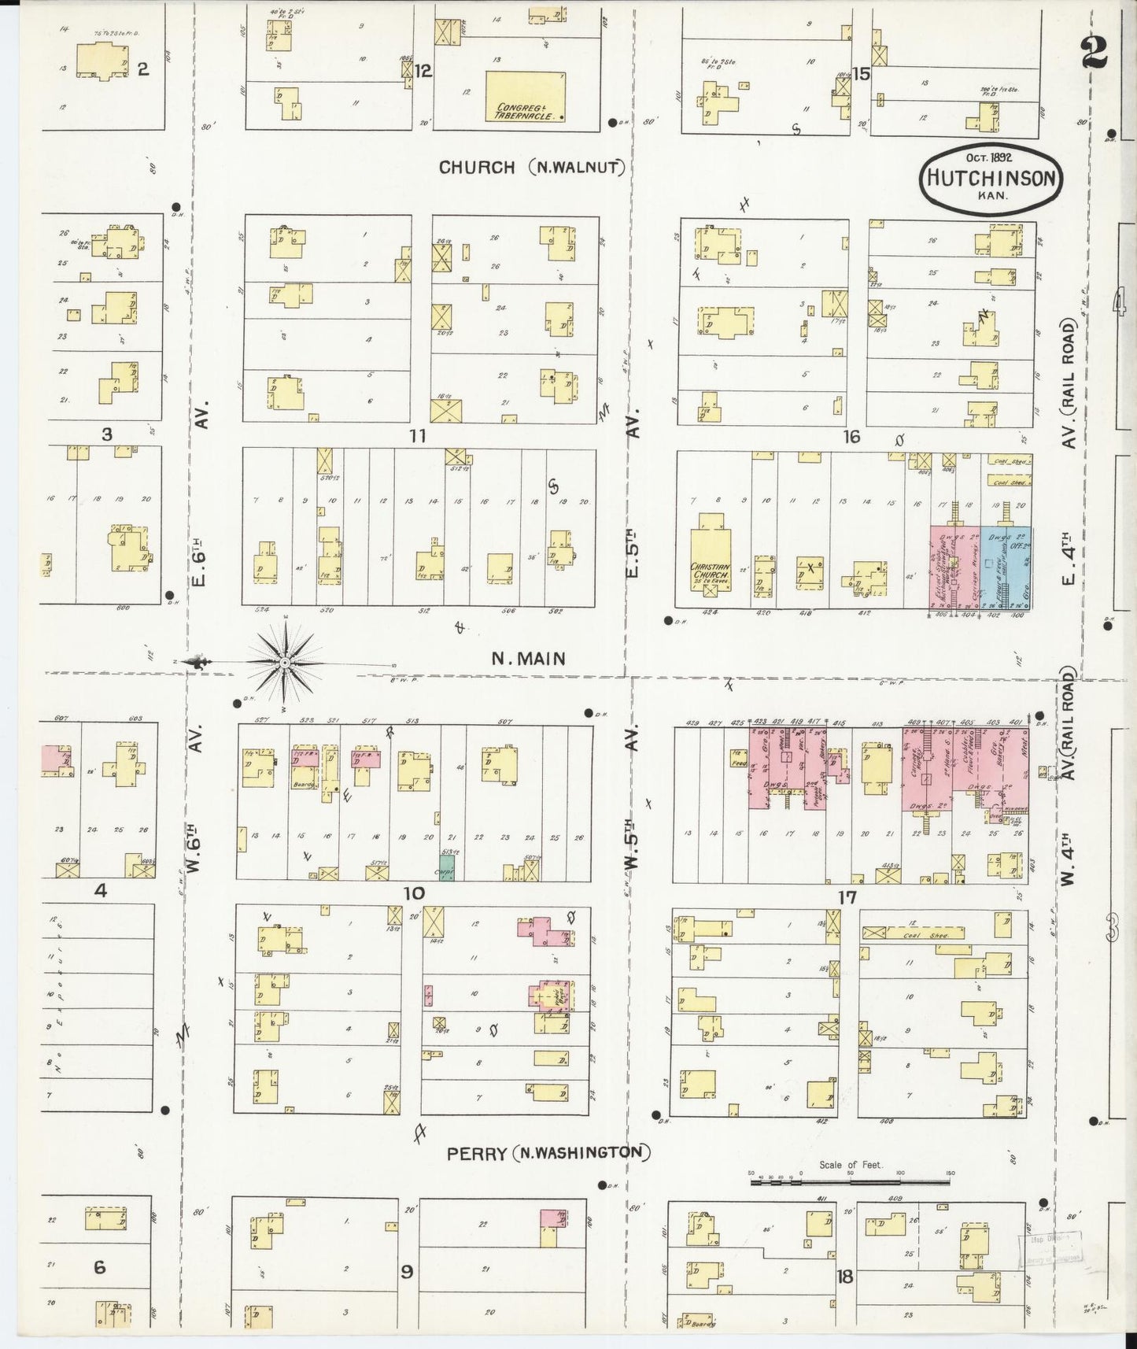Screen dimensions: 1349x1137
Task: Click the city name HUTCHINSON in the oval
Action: click(x=991, y=179)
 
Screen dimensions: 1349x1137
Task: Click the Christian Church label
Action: click(x=711, y=571)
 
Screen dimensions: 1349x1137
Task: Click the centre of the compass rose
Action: click(x=284, y=663)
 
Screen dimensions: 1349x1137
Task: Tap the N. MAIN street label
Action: click(x=528, y=659)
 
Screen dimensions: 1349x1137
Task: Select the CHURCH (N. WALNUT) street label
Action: click(x=532, y=167)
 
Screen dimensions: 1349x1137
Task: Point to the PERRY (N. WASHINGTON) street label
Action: click(x=548, y=1153)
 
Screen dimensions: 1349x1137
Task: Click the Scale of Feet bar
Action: click(x=850, y=1180)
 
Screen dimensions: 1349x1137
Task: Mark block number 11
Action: click(x=417, y=435)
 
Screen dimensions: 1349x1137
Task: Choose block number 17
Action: click(x=847, y=896)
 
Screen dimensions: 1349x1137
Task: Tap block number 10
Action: click(x=414, y=893)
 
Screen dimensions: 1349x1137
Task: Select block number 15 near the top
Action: click(x=861, y=74)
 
